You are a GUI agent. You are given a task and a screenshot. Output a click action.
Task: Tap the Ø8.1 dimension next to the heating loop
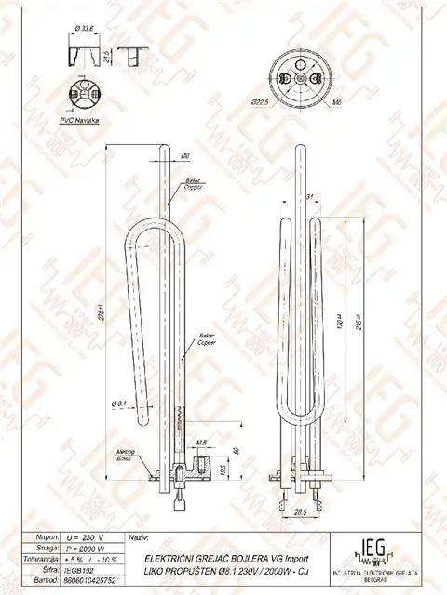[x=118, y=403]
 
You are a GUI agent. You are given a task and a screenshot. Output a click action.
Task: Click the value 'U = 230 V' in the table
[x=85, y=538]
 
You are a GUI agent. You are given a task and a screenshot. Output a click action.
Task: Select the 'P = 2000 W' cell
[x=85, y=549]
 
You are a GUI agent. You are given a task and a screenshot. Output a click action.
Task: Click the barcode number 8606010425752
[x=90, y=581]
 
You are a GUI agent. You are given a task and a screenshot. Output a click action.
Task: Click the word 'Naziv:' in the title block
[x=137, y=538]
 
